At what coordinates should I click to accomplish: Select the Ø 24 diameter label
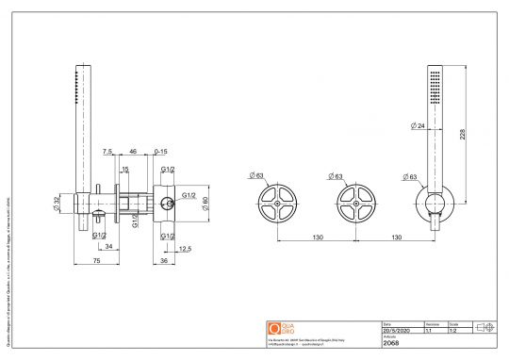click(418, 124)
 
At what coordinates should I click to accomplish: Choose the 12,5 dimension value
click(185, 249)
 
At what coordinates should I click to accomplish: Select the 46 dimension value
click(132, 151)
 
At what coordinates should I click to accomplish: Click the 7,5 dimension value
click(108, 151)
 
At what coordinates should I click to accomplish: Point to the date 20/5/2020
click(397, 331)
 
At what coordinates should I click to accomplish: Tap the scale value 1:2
click(454, 331)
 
